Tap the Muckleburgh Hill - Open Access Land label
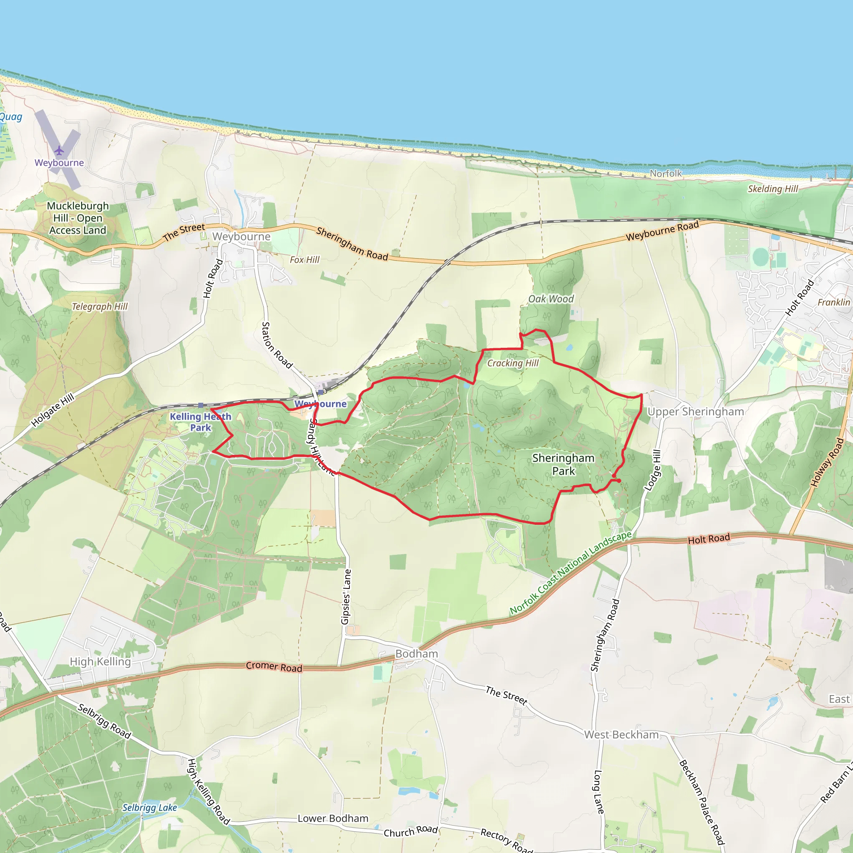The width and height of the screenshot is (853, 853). (78, 218)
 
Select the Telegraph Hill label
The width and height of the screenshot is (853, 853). (100, 307)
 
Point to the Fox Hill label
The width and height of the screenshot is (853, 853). (304, 259)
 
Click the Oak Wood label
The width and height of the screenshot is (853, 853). (551, 299)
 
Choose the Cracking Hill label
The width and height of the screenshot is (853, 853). (513, 363)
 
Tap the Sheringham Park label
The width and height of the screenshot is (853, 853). (564, 464)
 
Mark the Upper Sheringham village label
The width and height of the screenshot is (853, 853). (696, 412)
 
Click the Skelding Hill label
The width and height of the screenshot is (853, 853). (773, 189)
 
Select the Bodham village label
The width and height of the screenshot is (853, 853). (417, 654)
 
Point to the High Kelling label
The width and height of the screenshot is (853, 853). (100, 661)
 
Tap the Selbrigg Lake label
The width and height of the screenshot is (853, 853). (149, 808)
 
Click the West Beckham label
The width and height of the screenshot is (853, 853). (621, 735)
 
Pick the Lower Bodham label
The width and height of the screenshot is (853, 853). (333, 818)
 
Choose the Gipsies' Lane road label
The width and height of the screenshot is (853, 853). (346, 596)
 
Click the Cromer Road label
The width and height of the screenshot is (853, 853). (274, 667)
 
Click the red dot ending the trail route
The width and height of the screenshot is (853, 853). (619, 480)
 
